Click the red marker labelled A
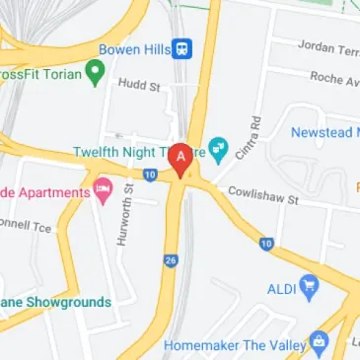click(x=180, y=159)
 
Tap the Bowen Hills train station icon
click(x=181, y=48)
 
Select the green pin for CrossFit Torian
click(x=95, y=71)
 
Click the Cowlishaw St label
click(x=262, y=197)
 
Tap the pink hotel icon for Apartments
click(x=104, y=189)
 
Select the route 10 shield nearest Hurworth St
click(x=148, y=175)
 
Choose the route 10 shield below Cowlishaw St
click(x=266, y=243)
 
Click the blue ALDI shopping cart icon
click(x=311, y=287)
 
